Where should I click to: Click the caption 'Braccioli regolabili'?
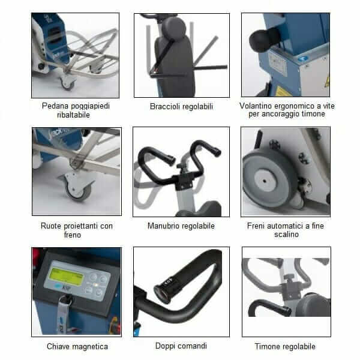click(181, 107)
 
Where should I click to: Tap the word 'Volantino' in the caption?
click(256, 106)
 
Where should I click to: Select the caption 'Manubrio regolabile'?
click(181, 226)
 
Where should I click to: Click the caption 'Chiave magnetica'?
click(77, 346)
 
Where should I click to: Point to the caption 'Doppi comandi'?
click(181, 346)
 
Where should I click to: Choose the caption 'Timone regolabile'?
click(285, 346)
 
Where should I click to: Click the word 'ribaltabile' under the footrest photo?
click(73, 115)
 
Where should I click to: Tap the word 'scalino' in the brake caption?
click(286, 235)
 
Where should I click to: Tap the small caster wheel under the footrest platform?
click(67, 83)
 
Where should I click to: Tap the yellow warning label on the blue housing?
click(284, 91)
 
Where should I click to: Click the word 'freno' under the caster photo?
click(73, 235)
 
